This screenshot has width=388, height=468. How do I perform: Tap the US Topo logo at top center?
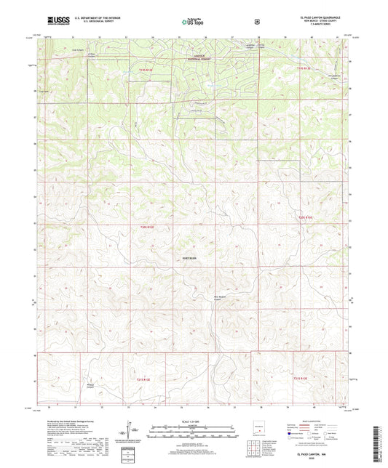pos(192,23)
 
